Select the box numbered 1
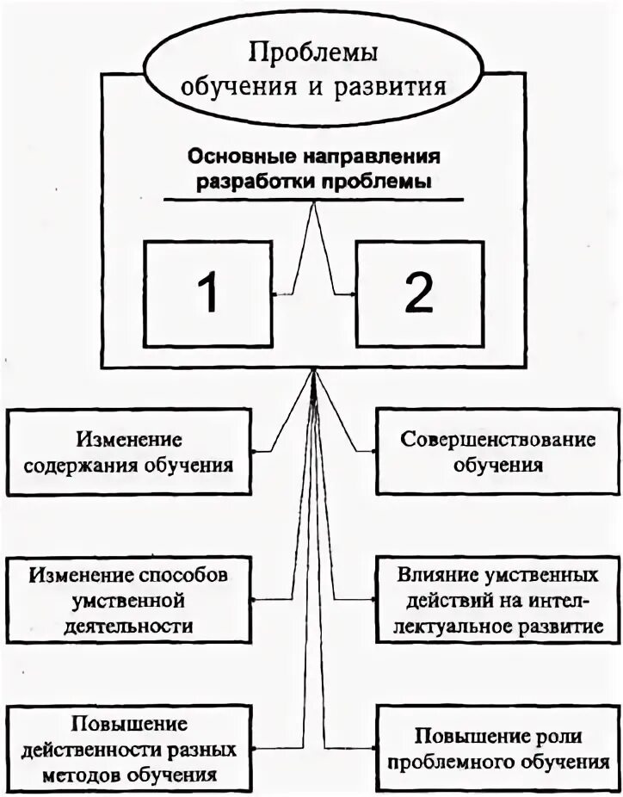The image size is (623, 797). tap(207, 293)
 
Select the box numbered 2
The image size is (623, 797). tap(417, 293)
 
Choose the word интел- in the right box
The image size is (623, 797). tap(571, 598)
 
